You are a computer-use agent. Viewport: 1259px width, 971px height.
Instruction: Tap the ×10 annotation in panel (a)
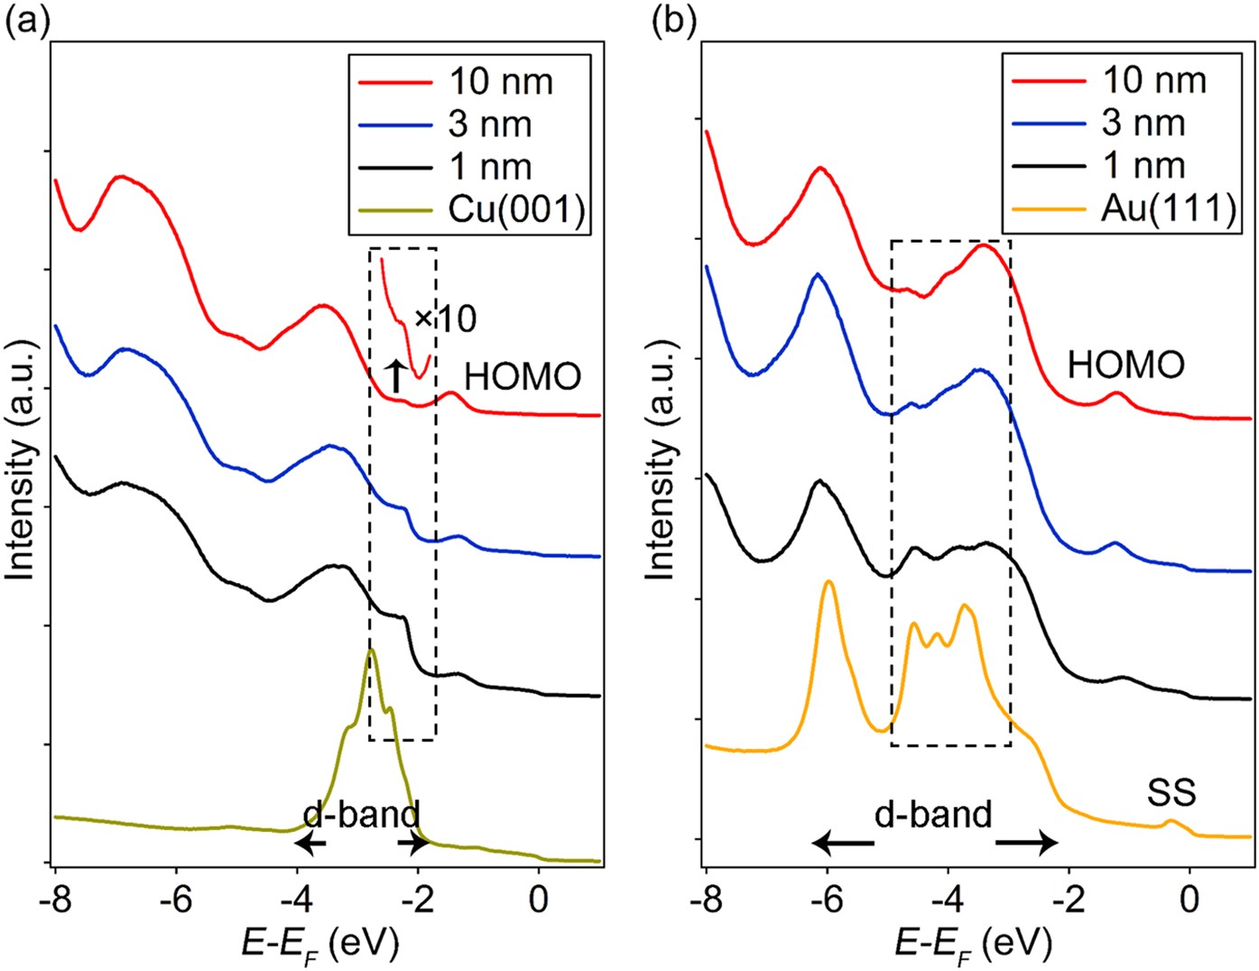tap(445, 318)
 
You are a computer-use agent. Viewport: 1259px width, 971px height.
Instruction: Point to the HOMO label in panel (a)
tap(523, 376)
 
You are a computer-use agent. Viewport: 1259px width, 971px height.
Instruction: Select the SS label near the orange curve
tap(1171, 792)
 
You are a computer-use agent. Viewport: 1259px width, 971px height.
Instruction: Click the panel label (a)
tap(26, 20)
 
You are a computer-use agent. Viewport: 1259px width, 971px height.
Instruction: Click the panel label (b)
tap(674, 20)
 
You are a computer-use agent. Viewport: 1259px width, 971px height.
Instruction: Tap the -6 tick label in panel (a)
tap(176, 900)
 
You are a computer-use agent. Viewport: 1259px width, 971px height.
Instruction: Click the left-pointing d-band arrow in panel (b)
tap(842, 844)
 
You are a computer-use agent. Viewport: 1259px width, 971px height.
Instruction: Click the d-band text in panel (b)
tap(933, 814)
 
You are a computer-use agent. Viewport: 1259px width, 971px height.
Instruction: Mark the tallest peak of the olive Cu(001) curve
tap(371, 651)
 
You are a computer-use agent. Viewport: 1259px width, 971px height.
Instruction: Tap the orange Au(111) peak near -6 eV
tap(828, 583)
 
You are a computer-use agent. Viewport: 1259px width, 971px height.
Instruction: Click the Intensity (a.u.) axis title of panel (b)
tap(662, 460)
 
